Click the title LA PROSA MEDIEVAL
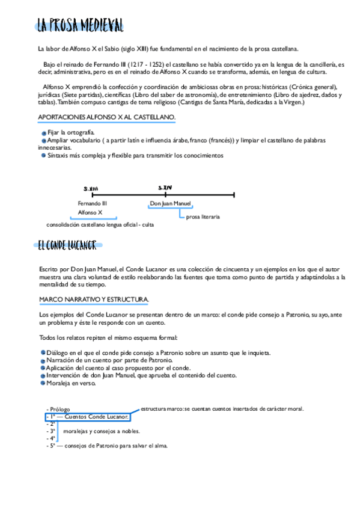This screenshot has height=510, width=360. point(80,25)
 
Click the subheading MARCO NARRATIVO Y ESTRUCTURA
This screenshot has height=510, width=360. point(94,299)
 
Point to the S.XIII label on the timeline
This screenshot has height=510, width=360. point(91,188)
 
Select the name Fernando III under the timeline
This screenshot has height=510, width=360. point(93,203)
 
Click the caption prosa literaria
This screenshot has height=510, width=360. point(203,217)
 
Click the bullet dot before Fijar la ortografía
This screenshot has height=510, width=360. point(44,132)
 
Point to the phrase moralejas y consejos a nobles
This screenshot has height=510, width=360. point(101,431)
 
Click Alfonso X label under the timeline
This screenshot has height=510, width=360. point(90,212)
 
